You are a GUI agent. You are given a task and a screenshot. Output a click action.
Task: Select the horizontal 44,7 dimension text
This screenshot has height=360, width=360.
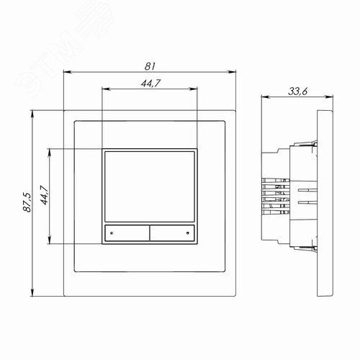pyautogui.click(x=150, y=84)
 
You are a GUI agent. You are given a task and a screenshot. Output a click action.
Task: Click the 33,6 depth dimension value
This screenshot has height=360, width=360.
pyautogui.click(x=297, y=91)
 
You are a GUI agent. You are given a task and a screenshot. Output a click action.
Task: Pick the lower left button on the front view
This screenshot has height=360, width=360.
pyautogui.click(x=127, y=233)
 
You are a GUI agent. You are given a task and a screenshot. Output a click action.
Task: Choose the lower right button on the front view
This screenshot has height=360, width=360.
pyautogui.click(x=172, y=233)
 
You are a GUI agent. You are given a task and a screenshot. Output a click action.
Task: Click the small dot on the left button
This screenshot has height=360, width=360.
pyautogui.click(x=112, y=233)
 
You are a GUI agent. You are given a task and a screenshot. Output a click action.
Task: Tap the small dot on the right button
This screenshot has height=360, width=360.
pyautogui.click(x=187, y=233)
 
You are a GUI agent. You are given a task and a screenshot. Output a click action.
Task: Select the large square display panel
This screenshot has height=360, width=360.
pyautogui.click(x=149, y=186)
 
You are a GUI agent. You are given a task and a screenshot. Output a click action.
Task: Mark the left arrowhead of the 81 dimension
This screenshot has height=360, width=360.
pyautogui.click(x=66, y=71)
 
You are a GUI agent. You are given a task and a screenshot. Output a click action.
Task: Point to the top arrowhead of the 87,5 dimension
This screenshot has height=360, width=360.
pyautogui.click(x=33, y=114)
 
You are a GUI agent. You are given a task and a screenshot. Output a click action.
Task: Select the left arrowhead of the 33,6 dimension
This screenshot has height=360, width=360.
pyautogui.click(x=262, y=98)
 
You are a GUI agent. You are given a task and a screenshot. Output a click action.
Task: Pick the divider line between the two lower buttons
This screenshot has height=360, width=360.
pyautogui.click(x=149, y=233)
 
